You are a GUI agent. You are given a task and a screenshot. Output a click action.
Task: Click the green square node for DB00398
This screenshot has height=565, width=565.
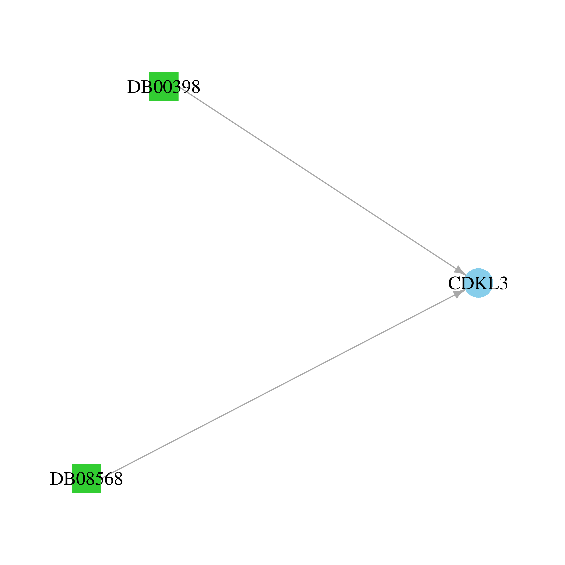[x=164, y=87]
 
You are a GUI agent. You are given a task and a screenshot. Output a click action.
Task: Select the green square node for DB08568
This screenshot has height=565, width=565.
[x=87, y=478]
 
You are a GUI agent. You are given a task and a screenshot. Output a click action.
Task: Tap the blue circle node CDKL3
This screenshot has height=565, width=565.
[x=478, y=283]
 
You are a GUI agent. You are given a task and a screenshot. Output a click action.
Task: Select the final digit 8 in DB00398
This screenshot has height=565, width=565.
[x=195, y=87]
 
